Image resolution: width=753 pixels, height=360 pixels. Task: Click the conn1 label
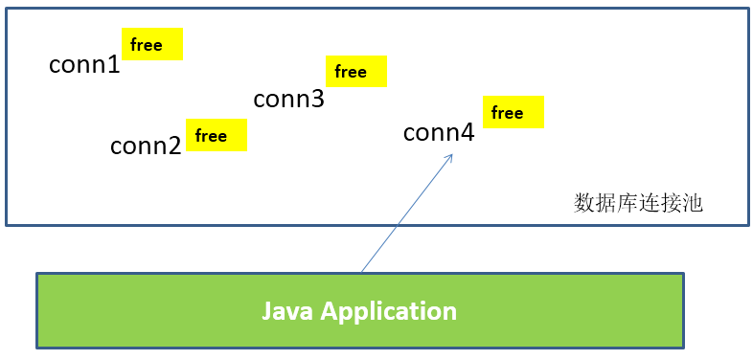click(84, 65)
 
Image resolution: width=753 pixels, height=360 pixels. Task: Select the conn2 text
click(146, 146)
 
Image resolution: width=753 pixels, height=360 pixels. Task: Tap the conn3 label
click(288, 100)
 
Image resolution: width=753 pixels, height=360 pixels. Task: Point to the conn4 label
click(439, 133)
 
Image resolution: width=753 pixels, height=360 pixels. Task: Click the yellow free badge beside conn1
click(152, 45)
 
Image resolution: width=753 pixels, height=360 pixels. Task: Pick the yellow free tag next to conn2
click(216, 135)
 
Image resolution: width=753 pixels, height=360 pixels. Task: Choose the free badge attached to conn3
click(355, 72)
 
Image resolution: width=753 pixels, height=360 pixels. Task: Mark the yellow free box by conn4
click(513, 113)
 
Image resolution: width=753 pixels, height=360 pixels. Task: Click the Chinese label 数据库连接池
click(638, 203)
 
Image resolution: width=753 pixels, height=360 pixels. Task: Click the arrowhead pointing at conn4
click(448, 158)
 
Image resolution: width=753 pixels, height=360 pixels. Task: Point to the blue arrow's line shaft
click(402, 216)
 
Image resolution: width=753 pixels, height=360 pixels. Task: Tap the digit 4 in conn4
click(467, 133)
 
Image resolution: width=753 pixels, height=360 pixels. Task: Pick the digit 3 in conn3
click(317, 100)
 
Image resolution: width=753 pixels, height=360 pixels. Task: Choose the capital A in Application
click(331, 311)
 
